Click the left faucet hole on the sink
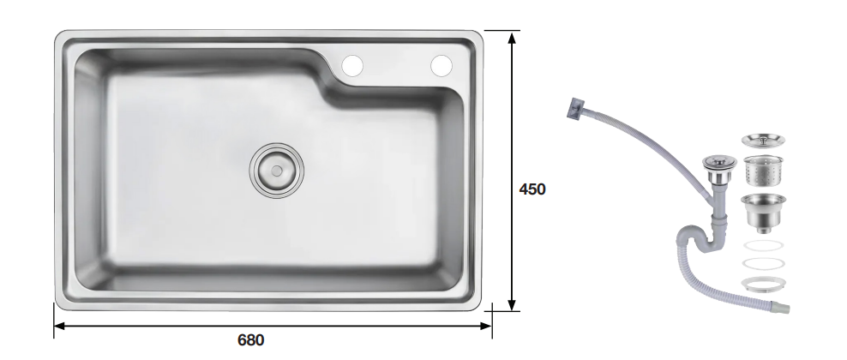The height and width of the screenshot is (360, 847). coord(352,66)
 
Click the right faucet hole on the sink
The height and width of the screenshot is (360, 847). coord(442,66)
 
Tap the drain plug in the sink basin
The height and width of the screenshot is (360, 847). coord(277,171)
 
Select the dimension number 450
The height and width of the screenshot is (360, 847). coord(532,189)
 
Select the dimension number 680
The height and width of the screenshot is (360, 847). coord(251,340)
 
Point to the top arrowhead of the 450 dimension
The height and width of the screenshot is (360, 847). coord(512,37)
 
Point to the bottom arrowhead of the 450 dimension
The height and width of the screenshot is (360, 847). coord(512,305)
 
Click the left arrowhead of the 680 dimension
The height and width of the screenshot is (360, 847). coord(60,326)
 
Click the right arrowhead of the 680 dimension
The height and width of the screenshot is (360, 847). coord(485,326)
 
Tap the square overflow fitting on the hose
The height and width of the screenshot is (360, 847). coord(574,107)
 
